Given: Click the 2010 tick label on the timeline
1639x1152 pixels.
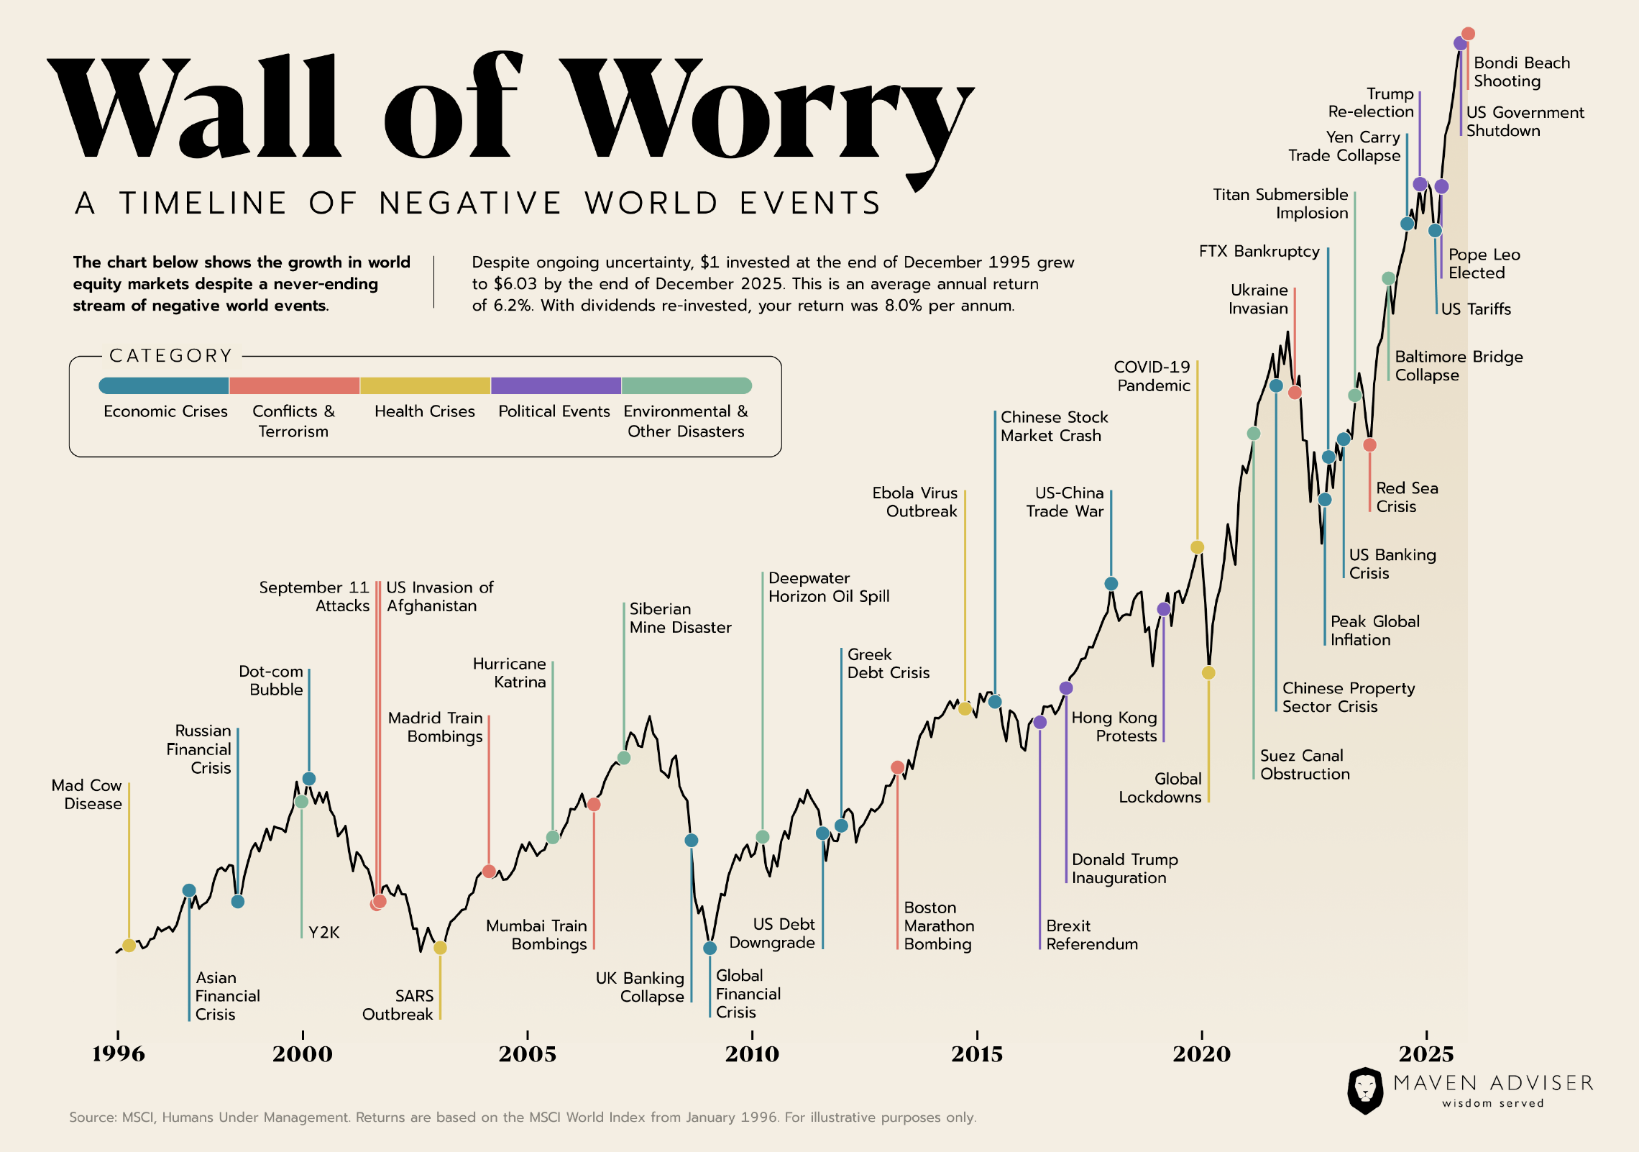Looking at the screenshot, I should [752, 1053].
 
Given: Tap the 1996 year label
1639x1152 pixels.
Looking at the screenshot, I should [119, 1053].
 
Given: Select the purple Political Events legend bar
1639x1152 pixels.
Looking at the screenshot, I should [556, 385].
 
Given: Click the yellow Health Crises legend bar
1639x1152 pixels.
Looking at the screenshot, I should [425, 385].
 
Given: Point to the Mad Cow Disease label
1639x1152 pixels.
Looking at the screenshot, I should [87, 795].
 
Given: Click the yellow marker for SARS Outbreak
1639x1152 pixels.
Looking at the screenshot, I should [440, 948].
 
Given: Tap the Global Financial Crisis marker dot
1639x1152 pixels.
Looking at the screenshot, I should [710, 948].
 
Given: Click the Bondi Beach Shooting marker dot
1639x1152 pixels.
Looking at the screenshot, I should [1468, 34].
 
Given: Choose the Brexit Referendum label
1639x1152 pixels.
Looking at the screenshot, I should [1091, 935].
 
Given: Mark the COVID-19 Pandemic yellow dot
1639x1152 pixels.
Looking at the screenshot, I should [1197, 547].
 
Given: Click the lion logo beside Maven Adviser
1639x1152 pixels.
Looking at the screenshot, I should [1364, 1090].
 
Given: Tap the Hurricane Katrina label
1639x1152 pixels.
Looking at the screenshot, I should [510, 673].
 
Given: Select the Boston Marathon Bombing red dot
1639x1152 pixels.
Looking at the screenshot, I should [897, 767].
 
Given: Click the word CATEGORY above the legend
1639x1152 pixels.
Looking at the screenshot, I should [171, 356].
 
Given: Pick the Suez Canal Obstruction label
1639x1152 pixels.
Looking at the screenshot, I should [1305, 764].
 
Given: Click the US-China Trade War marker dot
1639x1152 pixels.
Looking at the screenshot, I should [1111, 583].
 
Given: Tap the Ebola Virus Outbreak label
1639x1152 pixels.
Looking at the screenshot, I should [914, 502].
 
